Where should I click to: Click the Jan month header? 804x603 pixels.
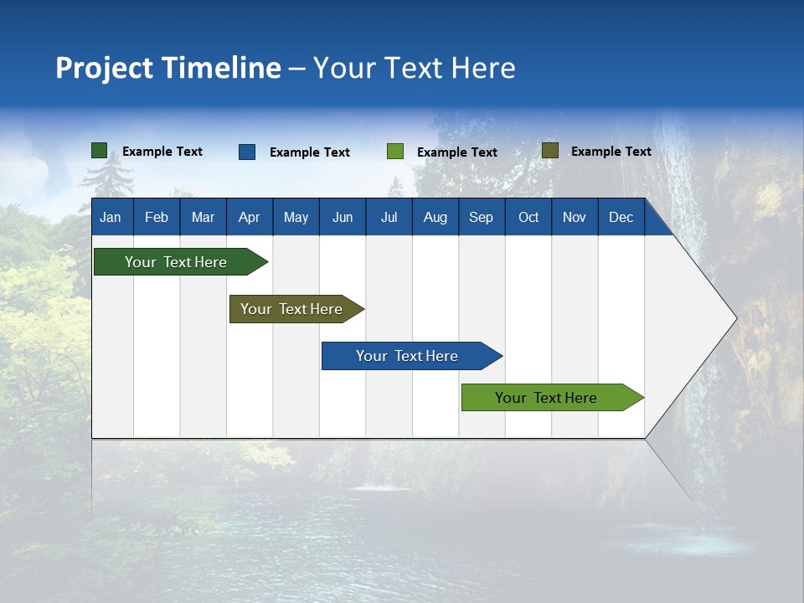111,217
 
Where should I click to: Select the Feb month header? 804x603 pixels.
157,217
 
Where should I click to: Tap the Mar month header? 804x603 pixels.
203,217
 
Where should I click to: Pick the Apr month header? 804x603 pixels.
250,217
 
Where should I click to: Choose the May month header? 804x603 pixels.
296,217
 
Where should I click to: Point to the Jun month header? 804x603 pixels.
343,217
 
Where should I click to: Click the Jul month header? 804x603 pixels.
389,217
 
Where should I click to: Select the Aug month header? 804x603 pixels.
435,217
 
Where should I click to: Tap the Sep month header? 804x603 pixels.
482,217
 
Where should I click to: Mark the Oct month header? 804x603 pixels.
528,217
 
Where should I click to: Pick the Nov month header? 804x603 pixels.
575,217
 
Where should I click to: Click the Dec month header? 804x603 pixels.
621,217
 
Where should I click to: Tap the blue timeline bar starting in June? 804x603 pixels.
408,356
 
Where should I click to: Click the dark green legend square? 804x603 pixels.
100,151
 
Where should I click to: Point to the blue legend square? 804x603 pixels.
247,152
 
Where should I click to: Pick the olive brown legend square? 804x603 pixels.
550,151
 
